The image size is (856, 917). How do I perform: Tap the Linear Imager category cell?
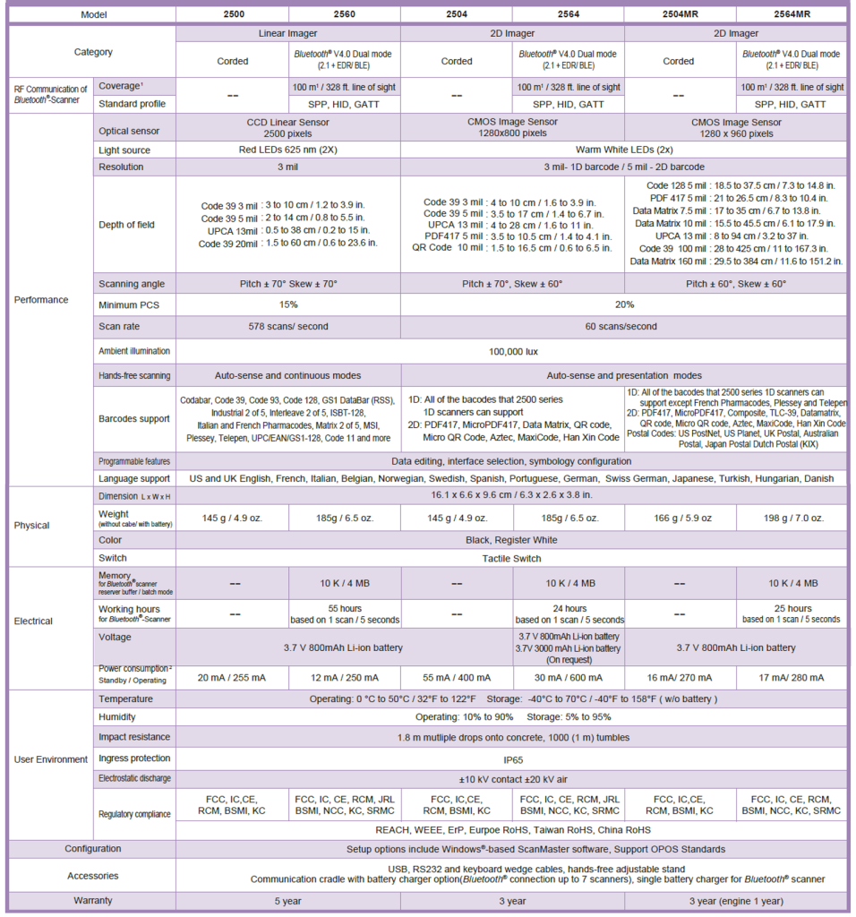click(287, 34)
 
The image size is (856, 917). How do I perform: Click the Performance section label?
click(41, 300)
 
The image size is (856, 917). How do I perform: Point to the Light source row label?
click(124, 150)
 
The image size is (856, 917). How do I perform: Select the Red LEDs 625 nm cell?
click(287, 150)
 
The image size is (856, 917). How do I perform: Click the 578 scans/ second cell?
click(287, 327)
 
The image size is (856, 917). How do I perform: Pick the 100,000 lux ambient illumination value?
click(511, 351)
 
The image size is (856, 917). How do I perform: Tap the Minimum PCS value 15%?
click(287, 305)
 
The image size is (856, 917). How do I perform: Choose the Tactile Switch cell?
click(511, 559)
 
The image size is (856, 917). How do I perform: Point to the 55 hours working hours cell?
click(344, 614)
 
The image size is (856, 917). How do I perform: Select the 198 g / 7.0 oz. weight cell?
click(791, 517)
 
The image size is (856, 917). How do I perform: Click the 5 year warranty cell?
click(287, 901)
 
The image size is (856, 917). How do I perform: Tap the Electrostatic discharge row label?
click(133, 778)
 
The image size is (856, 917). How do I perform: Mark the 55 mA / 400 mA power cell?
click(457, 677)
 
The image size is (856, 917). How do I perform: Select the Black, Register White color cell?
click(511, 540)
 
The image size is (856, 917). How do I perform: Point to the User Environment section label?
click(51, 759)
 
